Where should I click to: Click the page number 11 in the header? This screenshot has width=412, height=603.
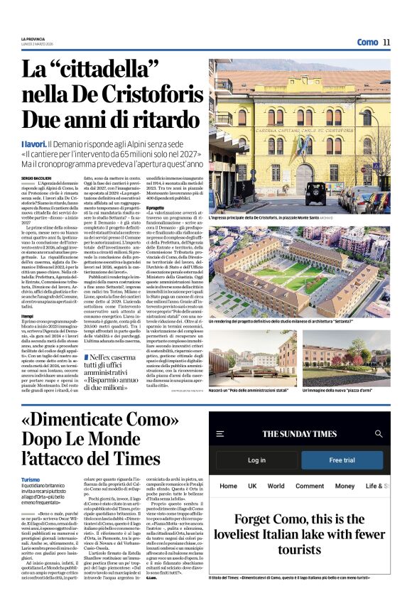pyautogui.click(x=386, y=43)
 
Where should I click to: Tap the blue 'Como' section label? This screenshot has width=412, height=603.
pyautogui.click(x=367, y=43)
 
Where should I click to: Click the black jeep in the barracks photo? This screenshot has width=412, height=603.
pyautogui.click(x=316, y=192)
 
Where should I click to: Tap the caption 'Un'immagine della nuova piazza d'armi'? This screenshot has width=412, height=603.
pyautogui.click(x=337, y=391)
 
